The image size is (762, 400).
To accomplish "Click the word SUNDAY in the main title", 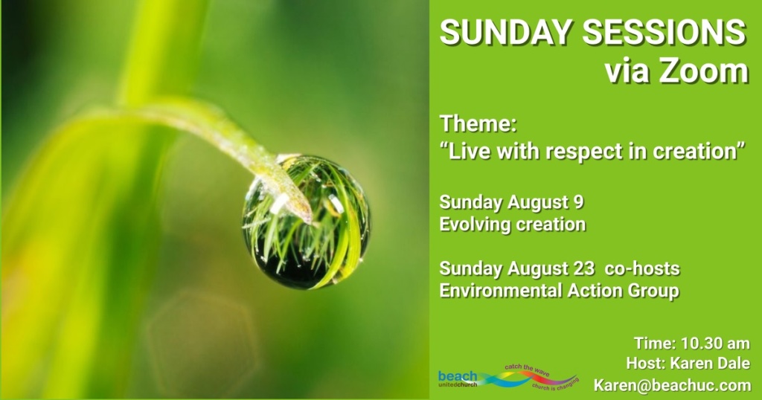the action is click(x=506, y=33).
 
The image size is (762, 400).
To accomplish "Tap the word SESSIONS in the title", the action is click(x=665, y=33).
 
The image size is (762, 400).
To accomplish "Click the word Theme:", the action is click(x=478, y=123).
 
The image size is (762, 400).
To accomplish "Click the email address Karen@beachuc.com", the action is click(x=672, y=385).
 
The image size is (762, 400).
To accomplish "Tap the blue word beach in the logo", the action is click(x=458, y=375).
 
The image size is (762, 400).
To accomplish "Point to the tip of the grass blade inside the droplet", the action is click(x=309, y=222).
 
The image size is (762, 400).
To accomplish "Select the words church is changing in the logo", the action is click(x=555, y=384).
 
